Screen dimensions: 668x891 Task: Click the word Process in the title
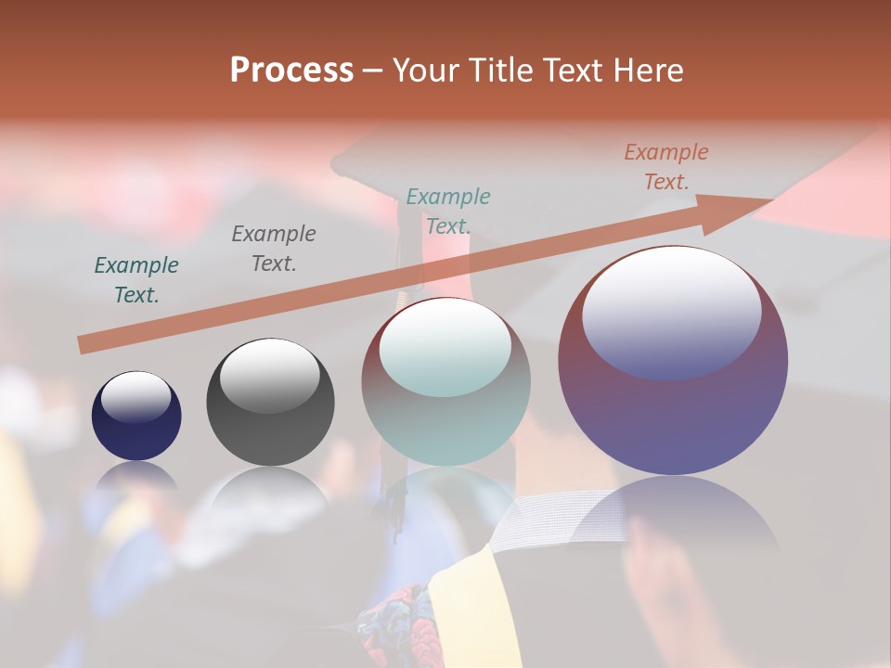(291, 71)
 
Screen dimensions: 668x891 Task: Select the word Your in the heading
(426, 71)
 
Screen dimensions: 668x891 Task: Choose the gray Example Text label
(274, 249)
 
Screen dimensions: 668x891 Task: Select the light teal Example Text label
(448, 212)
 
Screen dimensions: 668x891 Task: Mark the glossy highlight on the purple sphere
(671, 311)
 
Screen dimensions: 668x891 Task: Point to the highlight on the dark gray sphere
(269, 376)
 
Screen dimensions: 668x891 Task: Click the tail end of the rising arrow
(85, 344)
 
